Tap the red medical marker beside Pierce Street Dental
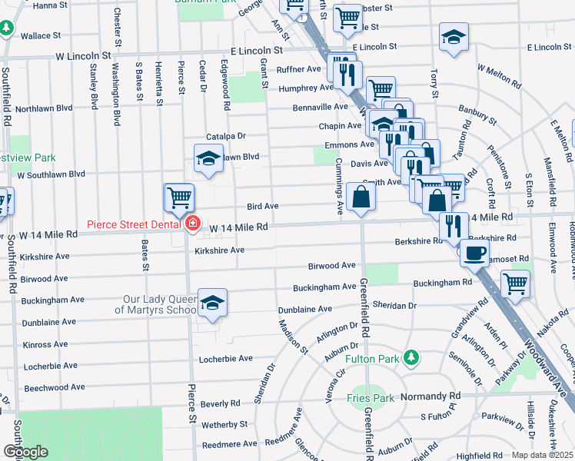click(191, 224)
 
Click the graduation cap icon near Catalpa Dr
click(208, 158)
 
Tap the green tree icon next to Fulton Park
click(412, 357)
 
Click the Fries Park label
click(371, 398)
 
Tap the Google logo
click(25, 451)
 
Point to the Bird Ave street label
click(262, 207)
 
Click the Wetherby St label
click(224, 423)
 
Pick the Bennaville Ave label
click(320, 107)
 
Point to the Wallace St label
click(41, 36)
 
